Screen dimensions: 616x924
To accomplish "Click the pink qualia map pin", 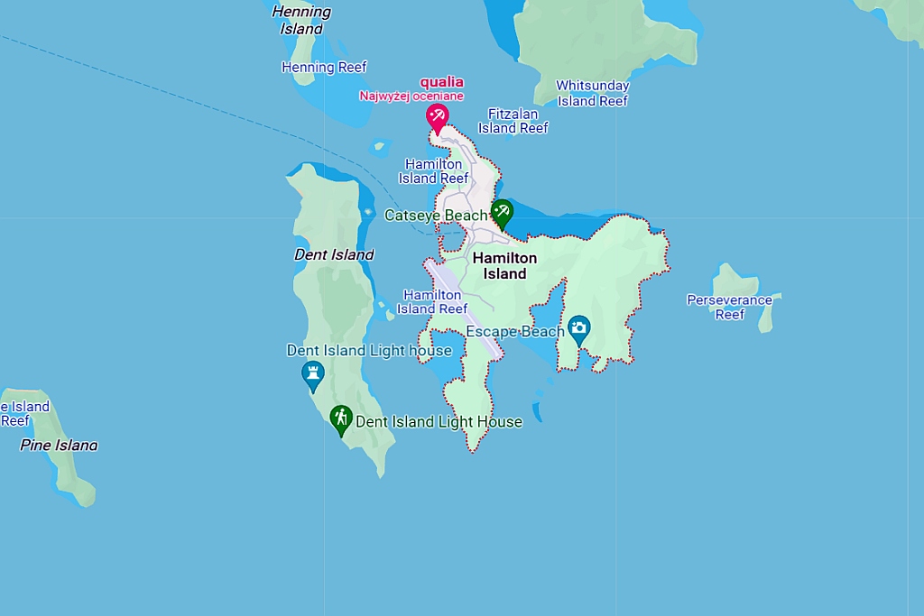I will [x=437, y=116].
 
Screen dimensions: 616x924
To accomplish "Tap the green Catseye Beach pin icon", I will [x=501, y=213].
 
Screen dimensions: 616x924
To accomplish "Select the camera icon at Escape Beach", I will [x=578, y=326].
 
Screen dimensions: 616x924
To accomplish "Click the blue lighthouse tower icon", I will [x=313, y=373].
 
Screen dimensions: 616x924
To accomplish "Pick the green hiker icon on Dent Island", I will [x=340, y=418].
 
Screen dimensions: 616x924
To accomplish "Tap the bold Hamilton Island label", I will [x=504, y=265].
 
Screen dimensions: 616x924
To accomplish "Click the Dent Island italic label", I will [x=334, y=254].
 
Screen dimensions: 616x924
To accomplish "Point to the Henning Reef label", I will [x=324, y=67].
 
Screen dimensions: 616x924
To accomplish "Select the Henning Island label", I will [x=301, y=20].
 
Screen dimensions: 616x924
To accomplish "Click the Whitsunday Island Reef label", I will [x=593, y=93].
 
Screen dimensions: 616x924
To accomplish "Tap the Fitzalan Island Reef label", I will [x=513, y=121].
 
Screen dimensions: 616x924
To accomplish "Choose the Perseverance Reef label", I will [x=729, y=307].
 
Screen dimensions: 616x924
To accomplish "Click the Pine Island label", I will [x=59, y=445].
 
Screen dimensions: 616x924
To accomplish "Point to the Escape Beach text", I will [x=514, y=332].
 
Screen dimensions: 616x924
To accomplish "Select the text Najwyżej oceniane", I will [x=411, y=96].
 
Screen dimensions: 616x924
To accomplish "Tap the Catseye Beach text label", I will [x=436, y=216].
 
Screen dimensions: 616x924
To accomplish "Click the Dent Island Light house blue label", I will [x=369, y=350].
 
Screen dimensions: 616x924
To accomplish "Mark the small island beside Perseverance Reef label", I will [x=766, y=316].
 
